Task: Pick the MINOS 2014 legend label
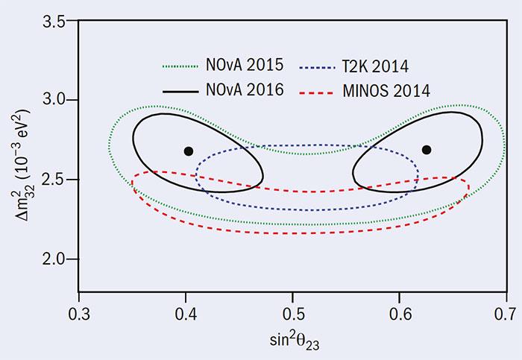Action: [x=388, y=89]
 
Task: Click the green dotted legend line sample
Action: [x=183, y=65]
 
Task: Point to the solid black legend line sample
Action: [x=183, y=90]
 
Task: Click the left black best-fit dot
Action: [x=189, y=151]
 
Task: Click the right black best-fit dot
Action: [x=427, y=150]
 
